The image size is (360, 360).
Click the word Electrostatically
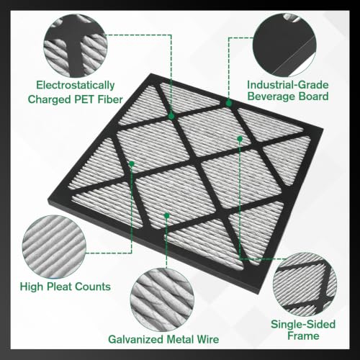point(76,86)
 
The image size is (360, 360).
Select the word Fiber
point(110,99)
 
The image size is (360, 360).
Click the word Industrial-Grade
point(288,85)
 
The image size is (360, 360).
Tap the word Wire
point(208,339)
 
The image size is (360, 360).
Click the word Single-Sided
point(303,324)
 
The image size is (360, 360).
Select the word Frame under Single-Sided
point(303,336)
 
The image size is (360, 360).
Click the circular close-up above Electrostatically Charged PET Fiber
point(76,45)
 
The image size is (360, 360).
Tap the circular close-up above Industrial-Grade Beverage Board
point(284,45)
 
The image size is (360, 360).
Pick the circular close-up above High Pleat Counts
point(54,247)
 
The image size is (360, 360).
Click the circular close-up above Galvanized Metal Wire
point(162,300)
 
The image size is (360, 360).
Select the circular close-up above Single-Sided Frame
point(305,284)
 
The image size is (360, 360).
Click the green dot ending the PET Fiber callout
point(171,116)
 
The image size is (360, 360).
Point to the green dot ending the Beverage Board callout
point(229,104)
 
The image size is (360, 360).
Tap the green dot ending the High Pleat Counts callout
point(132,164)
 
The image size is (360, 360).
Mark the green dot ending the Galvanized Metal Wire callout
point(167,215)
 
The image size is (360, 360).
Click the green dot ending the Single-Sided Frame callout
point(240,139)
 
